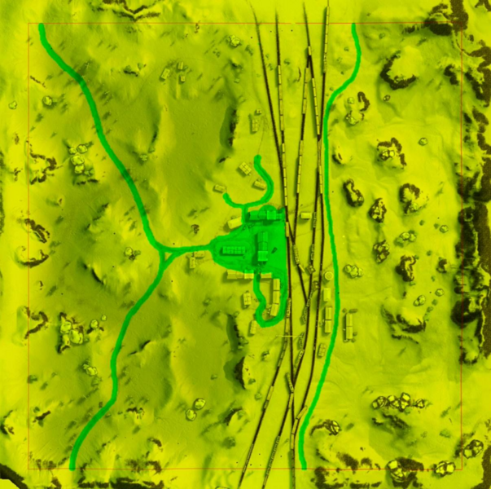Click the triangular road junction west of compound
(x=165, y=253)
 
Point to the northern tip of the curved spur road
(x=258, y=158)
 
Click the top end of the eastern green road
(x=353, y=25)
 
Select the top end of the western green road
(x=41, y=26)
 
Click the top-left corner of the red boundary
(x=29, y=24)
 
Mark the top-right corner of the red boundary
(x=463, y=24)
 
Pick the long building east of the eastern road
(x=349, y=325)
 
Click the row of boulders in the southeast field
(x=399, y=402)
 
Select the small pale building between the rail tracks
(x=305, y=215)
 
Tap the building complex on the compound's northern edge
(x=262, y=215)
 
